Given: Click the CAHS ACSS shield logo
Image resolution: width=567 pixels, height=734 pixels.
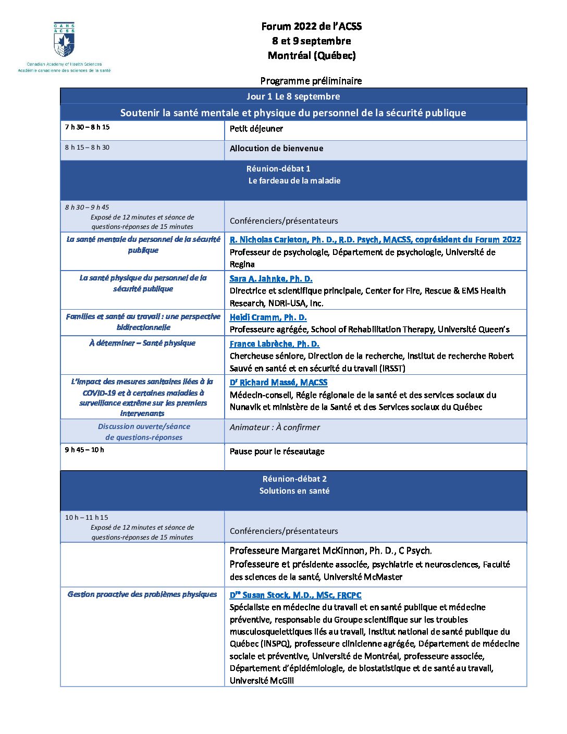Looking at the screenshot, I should (x=64, y=40).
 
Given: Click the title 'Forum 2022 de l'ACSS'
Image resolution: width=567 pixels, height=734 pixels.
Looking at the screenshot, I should (x=311, y=26).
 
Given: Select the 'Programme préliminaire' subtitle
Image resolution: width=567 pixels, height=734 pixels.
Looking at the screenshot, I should (x=311, y=81).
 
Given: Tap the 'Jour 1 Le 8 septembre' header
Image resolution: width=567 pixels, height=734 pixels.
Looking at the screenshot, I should (x=293, y=96).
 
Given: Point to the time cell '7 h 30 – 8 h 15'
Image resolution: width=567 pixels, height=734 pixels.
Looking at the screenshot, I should (x=87, y=127).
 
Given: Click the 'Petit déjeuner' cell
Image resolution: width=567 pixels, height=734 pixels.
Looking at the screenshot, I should (x=256, y=129).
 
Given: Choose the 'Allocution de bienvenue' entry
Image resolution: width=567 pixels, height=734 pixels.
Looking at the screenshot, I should (x=276, y=149).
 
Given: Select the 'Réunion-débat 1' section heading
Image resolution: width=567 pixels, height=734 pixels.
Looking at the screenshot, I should (x=278, y=168).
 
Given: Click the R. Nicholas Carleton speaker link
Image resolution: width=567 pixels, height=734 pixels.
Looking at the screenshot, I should (x=375, y=240).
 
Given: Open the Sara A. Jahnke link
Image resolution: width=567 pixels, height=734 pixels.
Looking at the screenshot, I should (x=271, y=279).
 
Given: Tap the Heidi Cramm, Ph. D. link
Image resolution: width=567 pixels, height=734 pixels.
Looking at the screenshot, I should (x=268, y=317).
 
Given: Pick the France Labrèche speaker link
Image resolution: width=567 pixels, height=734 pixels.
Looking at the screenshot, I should (x=275, y=344).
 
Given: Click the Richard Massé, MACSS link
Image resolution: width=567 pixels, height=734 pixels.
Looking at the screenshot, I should (x=278, y=383).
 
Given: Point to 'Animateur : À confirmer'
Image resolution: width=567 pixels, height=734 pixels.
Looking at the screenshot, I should (x=275, y=427).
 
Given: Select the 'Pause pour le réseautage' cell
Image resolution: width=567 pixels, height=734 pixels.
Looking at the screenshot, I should (x=277, y=451).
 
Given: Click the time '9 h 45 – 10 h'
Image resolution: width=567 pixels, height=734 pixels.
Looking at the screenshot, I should (x=84, y=450).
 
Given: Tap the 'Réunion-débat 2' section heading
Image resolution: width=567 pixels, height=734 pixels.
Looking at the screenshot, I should (x=294, y=479).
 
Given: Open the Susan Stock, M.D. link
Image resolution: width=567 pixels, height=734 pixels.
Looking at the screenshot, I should (x=295, y=595).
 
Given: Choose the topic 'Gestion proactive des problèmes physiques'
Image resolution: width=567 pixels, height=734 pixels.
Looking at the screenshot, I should (x=142, y=594).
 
